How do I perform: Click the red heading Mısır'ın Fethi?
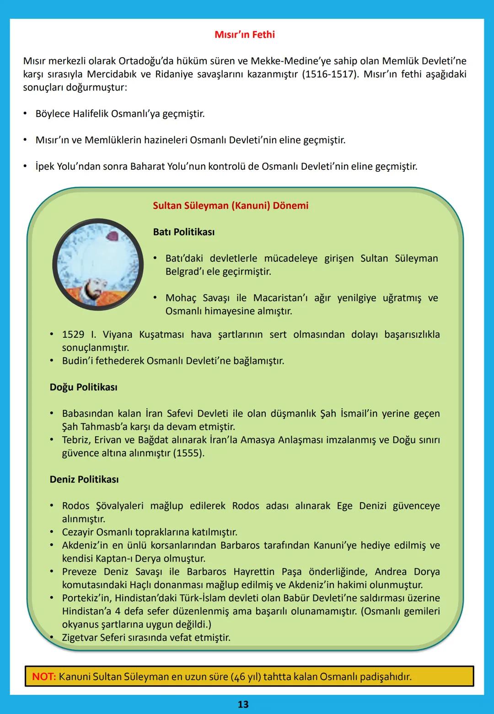[245, 35]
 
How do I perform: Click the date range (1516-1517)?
[330, 74]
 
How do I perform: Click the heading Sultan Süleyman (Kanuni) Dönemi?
[231, 206]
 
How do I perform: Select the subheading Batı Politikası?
[184, 232]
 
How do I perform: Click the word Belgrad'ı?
[185, 271]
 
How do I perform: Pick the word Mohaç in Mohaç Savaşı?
[181, 298]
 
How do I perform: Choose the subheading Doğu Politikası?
[83, 387]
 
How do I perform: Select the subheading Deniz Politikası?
[84, 480]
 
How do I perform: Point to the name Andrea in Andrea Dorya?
[391, 572]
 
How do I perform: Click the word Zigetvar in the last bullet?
[81, 638]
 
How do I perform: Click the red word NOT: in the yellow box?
[44, 676]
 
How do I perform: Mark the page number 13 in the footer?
[243, 704]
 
